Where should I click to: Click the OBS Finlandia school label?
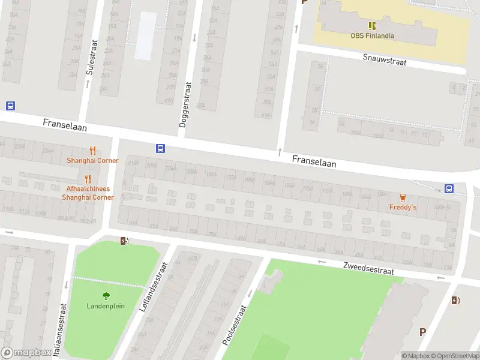pyautogui.click(x=372, y=35)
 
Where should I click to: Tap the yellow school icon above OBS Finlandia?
pyautogui.click(x=372, y=25)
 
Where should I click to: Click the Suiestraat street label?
pyautogui.click(x=91, y=58)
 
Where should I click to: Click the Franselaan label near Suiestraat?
pyautogui.click(x=65, y=125)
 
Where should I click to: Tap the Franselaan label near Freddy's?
pyautogui.click(x=314, y=161)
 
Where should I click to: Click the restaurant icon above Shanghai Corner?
pyautogui.click(x=92, y=151)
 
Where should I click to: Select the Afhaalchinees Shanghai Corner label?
pyautogui.click(x=88, y=193)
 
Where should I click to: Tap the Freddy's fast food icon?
pyautogui.click(x=403, y=197)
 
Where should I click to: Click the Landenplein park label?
pyautogui.click(x=106, y=305)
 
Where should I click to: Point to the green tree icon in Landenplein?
pyautogui.click(x=106, y=295)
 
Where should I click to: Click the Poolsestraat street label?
pyautogui.click(x=235, y=324)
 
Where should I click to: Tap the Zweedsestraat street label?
pyautogui.click(x=368, y=268)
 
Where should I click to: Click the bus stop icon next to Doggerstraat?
pyautogui.click(x=160, y=148)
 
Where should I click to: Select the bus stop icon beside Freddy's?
pyautogui.click(x=449, y=188)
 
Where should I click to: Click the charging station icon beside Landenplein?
pyautogui.click(x=124, y=241)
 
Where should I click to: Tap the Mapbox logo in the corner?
pyautogui.click(x=26, y=353)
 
